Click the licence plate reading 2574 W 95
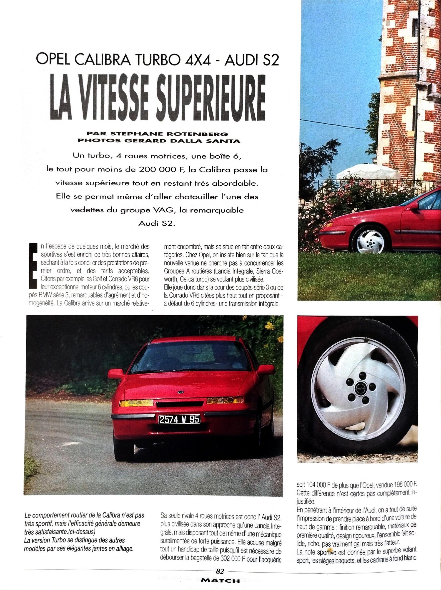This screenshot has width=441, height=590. [179, 420]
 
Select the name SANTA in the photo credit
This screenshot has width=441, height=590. [229, 141]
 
